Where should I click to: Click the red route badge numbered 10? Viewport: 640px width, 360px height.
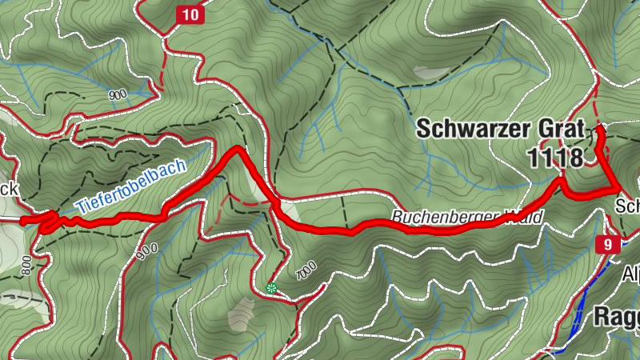[190, 14]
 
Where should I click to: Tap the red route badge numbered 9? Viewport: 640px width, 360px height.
[609, 245]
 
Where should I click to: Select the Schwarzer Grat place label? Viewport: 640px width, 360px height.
[499, 129]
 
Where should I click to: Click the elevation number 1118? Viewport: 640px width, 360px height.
[555, 158]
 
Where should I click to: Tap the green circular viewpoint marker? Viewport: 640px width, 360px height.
[272, 288]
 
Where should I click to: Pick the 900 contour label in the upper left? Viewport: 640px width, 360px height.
[117, 94]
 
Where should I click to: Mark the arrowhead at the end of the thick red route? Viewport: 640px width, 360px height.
[599, 128]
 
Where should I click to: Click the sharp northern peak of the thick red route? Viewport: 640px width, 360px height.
[235, 150]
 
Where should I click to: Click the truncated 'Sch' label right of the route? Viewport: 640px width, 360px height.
[627, 206]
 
